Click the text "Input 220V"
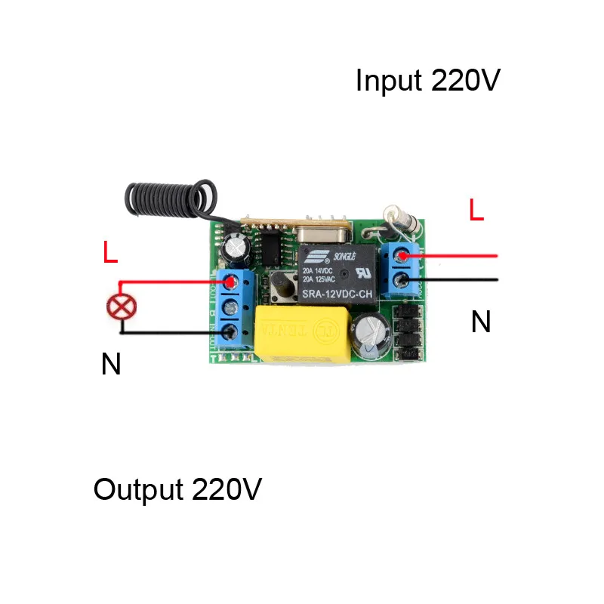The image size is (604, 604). [427, 81]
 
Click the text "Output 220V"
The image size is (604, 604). [177, 490]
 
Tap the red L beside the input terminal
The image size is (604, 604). [476, 211]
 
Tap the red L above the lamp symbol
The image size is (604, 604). [110, 253]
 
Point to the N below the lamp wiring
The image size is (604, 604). [111, 365]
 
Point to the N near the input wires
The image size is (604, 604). [481, 323]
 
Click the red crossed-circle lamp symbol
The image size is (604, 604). [119, 307]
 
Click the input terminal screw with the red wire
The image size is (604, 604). [402, 257]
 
